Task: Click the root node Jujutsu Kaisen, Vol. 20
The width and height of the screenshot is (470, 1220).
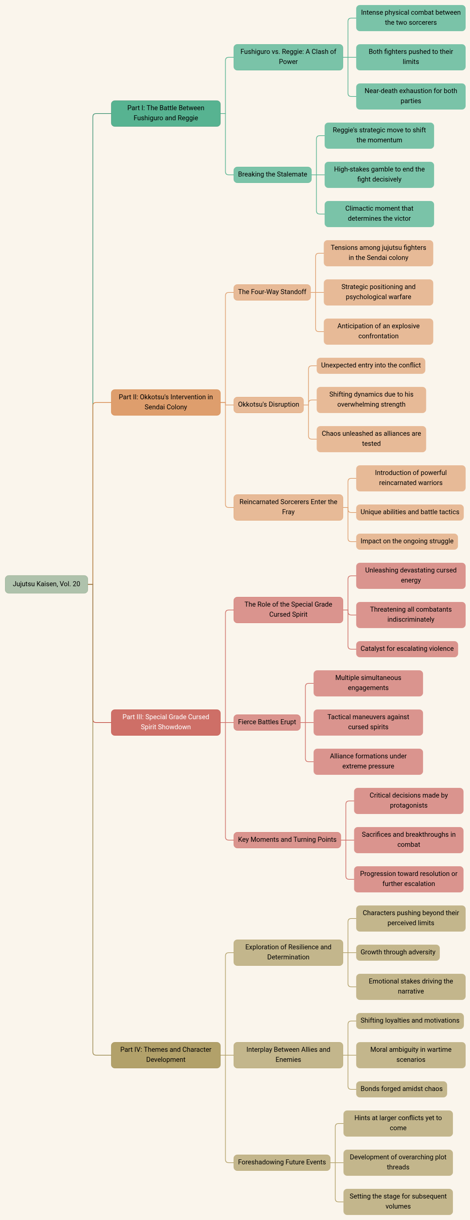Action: (47, 584)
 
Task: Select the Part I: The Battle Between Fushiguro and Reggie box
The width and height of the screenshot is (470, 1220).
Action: (165, 113)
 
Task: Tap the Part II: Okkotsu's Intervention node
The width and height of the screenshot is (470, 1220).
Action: (165, 402)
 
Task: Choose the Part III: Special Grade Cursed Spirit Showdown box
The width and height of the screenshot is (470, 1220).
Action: (165, 722)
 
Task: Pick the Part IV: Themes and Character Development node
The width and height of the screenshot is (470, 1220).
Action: (165, 1055)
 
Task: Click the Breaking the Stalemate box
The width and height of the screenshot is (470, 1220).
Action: (272, 174)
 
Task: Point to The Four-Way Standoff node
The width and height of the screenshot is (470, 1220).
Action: (272, 292)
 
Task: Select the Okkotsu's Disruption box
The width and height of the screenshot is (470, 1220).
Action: (268, 404)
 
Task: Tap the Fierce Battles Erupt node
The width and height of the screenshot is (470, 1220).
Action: (267, 722)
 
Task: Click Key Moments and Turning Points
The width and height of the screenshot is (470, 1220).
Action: (287, 840)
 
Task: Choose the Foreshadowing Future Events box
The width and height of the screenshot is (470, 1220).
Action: (282, 1162)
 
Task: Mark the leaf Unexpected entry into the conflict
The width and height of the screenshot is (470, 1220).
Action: (371, 365)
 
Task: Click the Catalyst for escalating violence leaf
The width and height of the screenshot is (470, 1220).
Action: (407, 649)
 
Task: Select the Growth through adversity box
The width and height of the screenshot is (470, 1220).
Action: (398, 952)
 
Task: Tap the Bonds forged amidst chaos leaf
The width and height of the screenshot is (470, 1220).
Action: (401, 1089)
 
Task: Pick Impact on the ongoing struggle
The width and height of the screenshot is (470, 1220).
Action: (407, 541)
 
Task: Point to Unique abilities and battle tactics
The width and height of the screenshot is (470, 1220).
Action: (410, 512)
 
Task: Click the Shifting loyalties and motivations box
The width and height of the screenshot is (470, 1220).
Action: (410, 1021)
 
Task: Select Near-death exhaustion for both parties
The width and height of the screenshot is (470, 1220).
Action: (411, 96)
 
